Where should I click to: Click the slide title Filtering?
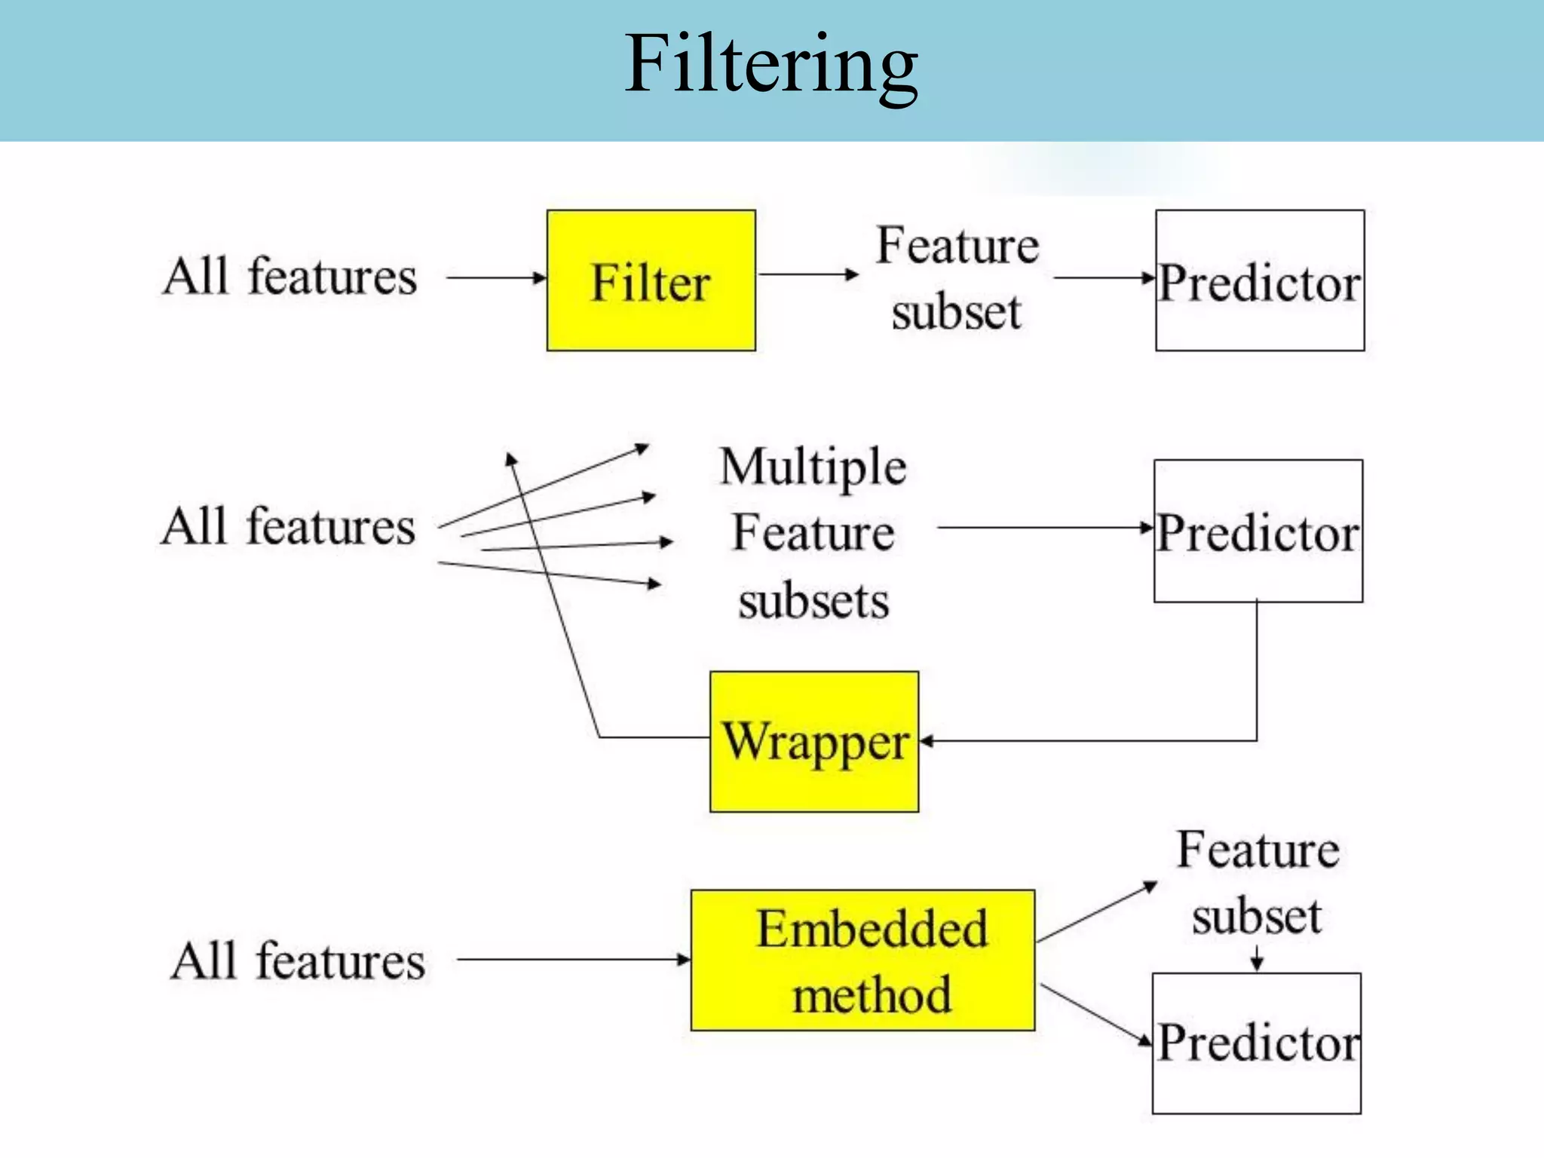click(770, 66)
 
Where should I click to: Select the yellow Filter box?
click(651, 280)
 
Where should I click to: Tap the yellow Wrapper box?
click(814, 742)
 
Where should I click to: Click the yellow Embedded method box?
click(862, 960)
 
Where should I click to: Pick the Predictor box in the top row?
click(1260, 280)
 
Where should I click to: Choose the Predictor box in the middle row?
click(1258, 531)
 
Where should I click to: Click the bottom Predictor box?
click(1257, 1043)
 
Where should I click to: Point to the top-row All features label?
click(290, 277)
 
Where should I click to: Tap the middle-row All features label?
click(289, 526)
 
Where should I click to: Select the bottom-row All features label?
click(298, 961)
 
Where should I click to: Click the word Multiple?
click(813, 467)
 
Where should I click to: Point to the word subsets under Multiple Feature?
click(813, 602)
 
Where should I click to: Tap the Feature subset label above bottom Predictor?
click(1258, 882)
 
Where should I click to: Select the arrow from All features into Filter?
click(496, 277)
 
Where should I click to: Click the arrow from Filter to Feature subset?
click(807, 274)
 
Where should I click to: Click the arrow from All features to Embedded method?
click(573, 960)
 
